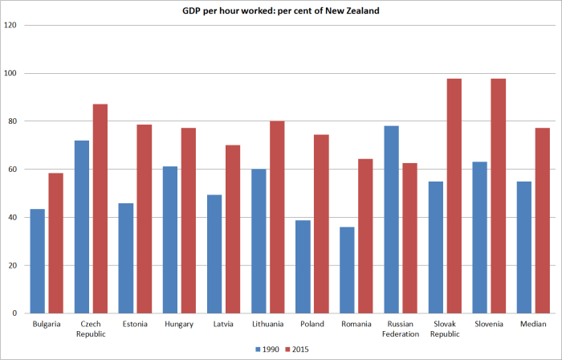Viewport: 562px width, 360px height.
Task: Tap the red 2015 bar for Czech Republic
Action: (100, 209)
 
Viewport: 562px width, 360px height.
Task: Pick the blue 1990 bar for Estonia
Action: (126, 258)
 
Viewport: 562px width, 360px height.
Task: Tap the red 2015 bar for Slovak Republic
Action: (454, 196)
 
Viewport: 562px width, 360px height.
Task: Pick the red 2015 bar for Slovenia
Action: (498, 196)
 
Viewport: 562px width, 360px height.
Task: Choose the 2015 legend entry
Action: (297, 350)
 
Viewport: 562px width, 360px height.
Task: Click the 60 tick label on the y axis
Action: (13, 170)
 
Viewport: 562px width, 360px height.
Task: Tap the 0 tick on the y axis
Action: (15, 313)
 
